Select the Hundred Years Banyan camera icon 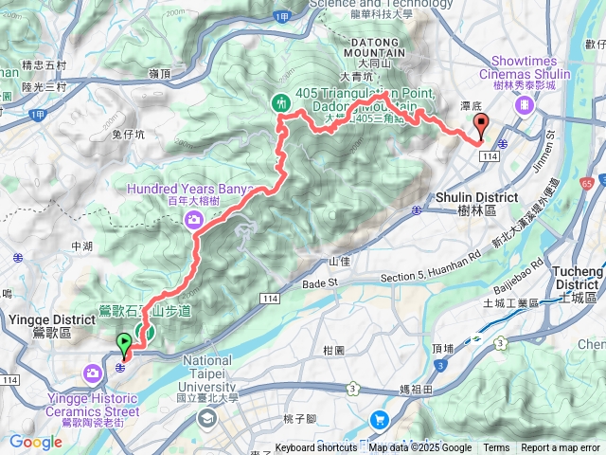click(x=195, y=220)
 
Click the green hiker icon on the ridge click(x=280, y=102)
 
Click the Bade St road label click(x=321, y=282)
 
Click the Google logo click(x=35, y=441)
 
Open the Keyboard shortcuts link click(x=317, y=448)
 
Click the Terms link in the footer click(x=496, y=448)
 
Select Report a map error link click(x=561, y=448)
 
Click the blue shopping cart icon click(x=380, y=418)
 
